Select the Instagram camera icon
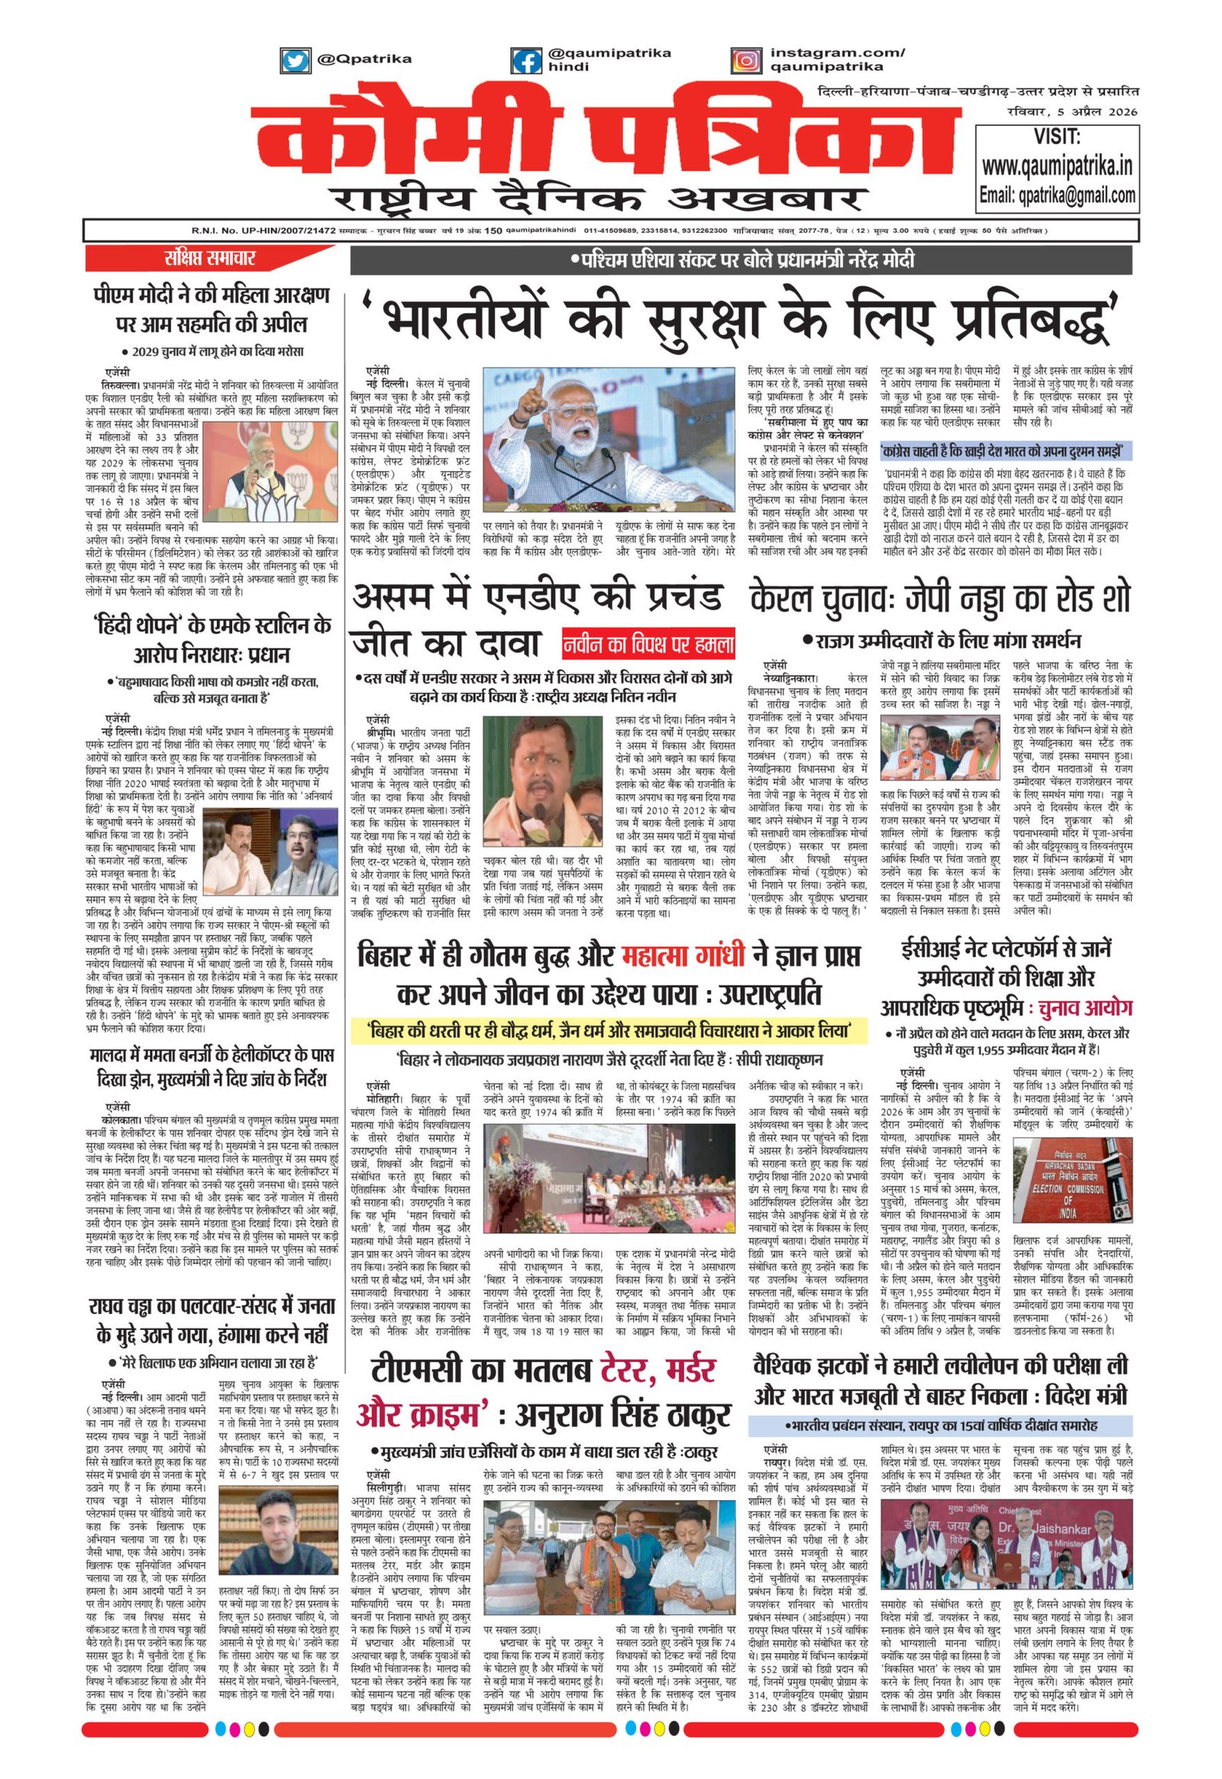coord(745,60)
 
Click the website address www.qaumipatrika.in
coord(1056,166)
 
